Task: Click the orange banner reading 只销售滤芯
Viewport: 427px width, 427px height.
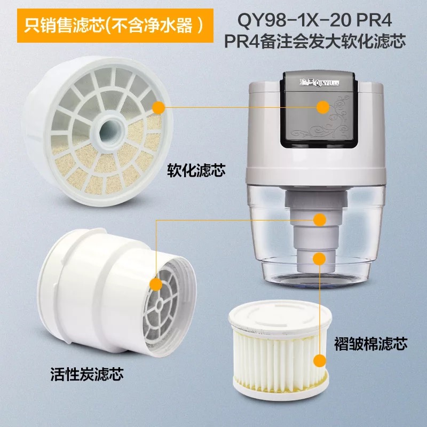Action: click(115, 26)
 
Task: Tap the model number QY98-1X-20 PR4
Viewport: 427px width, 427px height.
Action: click(315, 20)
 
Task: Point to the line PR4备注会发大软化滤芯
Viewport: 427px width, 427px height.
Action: click(315, 41)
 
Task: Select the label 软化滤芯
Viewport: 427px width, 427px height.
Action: click(196, 171)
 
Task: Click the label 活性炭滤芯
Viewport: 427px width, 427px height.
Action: click(87, 374)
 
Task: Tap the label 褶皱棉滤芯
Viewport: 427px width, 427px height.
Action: click(370, 343)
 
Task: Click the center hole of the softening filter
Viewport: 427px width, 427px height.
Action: click(110, 131)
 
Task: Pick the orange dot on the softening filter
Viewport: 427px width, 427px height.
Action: click(159, 108)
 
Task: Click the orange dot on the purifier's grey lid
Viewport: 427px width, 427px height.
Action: click(323, 107)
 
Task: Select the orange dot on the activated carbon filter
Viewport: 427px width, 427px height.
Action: click(156, 284)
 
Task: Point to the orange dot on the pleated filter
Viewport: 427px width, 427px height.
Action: click(320, 361)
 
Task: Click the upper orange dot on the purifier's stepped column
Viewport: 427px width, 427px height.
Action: click(320, 220)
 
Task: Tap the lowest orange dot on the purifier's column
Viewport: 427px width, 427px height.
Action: click(319, 259)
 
